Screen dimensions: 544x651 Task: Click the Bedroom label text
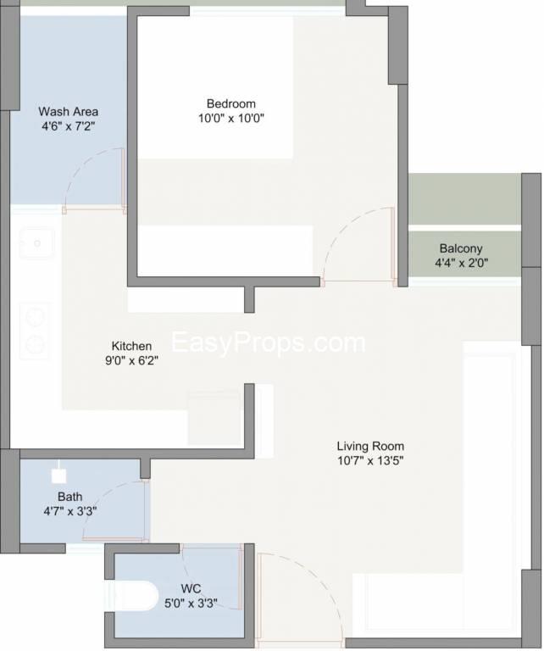[230, 103]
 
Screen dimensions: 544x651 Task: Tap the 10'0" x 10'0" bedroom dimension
[231, 119]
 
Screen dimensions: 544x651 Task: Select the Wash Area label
[69, 111]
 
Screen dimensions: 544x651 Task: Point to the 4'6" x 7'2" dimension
[69, 125]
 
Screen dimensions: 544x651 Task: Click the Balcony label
[461, 248]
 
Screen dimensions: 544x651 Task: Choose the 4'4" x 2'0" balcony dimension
[462, 263]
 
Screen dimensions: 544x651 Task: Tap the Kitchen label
[131, 346]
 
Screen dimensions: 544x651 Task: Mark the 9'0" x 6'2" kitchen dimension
[131, 360]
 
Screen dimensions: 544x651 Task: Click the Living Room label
[370, 446]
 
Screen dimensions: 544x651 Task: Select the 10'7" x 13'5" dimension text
[370, 460]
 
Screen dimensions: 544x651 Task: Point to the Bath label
[69, 497]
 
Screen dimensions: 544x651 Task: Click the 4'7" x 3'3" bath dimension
[70, 511]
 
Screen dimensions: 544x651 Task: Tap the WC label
[191, 588]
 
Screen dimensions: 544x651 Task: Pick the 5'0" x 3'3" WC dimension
[191, 603]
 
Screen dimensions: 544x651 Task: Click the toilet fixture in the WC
[134, 595]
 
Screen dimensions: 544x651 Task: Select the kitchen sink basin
[36, 243]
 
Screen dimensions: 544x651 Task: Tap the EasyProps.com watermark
[268, 343]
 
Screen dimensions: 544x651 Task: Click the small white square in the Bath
[59, 476]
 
